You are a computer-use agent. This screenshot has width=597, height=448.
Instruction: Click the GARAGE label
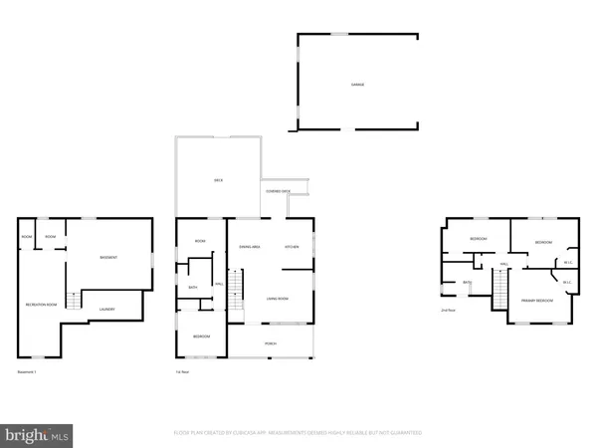[356, 85]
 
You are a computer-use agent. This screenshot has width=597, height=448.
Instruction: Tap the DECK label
[217, 180]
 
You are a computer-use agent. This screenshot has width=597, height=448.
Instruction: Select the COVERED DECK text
[278, 191]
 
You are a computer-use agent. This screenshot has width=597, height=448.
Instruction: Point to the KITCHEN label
[293, 246]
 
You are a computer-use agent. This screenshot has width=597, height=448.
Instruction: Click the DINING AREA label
[250, 246]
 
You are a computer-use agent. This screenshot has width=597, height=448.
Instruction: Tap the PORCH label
[270, 343]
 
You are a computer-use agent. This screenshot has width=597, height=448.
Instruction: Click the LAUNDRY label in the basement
[106, 309]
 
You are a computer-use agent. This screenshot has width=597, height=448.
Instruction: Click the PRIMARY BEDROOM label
[536, 299]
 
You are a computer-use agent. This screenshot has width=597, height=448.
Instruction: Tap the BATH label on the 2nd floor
[466, 283]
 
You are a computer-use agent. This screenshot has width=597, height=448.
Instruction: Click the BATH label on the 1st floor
[193, 288]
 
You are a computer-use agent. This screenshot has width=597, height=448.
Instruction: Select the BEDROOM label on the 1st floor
[201, 336]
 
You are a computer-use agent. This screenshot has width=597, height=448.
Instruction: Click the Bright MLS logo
[38, 434]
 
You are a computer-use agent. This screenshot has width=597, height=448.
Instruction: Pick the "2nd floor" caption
[449, 311]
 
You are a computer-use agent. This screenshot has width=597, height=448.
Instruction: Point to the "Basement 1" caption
[27, 371]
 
